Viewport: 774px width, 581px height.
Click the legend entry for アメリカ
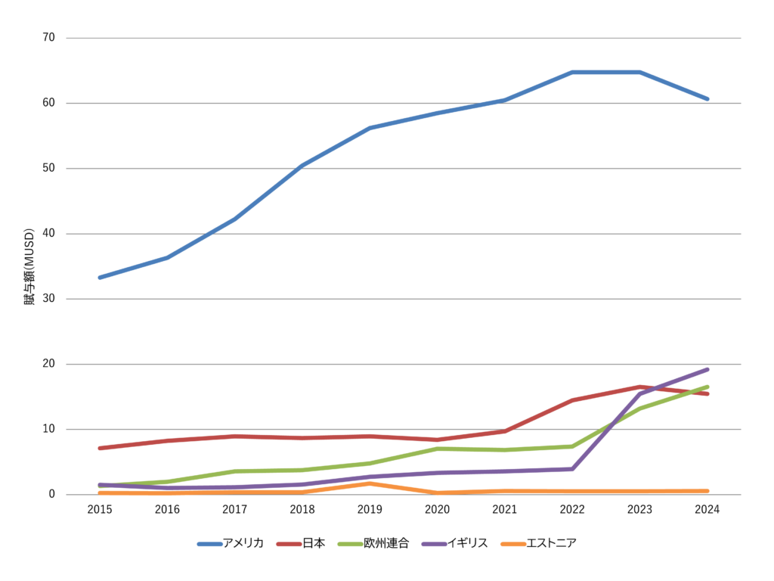coord(231,543)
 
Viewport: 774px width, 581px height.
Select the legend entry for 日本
coord(301,543)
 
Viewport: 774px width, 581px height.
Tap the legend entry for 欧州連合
coord(373,543)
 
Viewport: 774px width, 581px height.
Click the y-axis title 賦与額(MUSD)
coord(29,266)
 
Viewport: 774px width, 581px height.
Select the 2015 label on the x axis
coord(100,510)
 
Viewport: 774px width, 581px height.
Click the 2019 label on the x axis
coord(370,510)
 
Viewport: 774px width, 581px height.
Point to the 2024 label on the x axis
coord(707,510)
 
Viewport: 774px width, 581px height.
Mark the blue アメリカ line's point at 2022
coord(572,73)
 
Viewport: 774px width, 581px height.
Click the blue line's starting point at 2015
coord(100,278)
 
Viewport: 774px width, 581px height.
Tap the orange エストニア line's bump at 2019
coord(370,483)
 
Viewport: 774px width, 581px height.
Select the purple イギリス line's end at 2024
coord(707,369)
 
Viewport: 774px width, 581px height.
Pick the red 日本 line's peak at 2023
coord(640,387)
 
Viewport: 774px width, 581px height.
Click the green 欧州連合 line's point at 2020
coord(437,449)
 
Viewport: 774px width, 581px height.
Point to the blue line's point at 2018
coord(302,166)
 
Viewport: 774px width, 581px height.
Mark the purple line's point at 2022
coord(572,469)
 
